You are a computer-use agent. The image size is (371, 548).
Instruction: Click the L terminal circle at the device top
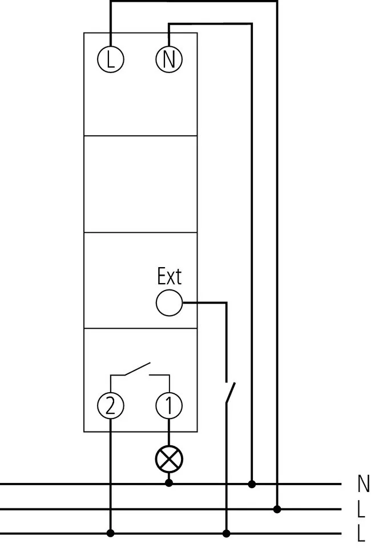pos(111,59)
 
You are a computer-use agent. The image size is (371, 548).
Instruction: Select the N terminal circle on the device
pos(169,59)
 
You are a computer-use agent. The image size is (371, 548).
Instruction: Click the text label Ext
pos(169,277)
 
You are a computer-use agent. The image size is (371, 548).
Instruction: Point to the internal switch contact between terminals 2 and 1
pos(138,370)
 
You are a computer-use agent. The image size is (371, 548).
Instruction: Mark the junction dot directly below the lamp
pos(169,483)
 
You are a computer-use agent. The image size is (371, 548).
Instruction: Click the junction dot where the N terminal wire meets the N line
pos(252,484)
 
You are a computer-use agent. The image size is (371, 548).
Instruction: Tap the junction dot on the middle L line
pos(277,509)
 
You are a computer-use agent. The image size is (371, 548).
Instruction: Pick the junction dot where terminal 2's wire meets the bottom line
pos(111,533)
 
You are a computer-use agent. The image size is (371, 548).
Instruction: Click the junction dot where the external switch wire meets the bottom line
pos(227,533)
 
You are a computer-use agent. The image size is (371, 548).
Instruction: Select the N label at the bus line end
pos(362,484)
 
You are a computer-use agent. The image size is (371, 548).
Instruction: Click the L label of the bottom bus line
pos(361,534)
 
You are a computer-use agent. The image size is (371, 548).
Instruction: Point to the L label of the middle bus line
pos(361,509)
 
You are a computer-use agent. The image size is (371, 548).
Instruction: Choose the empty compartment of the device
pos(140,184)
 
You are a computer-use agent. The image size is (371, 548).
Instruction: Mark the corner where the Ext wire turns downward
pos(227,303)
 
